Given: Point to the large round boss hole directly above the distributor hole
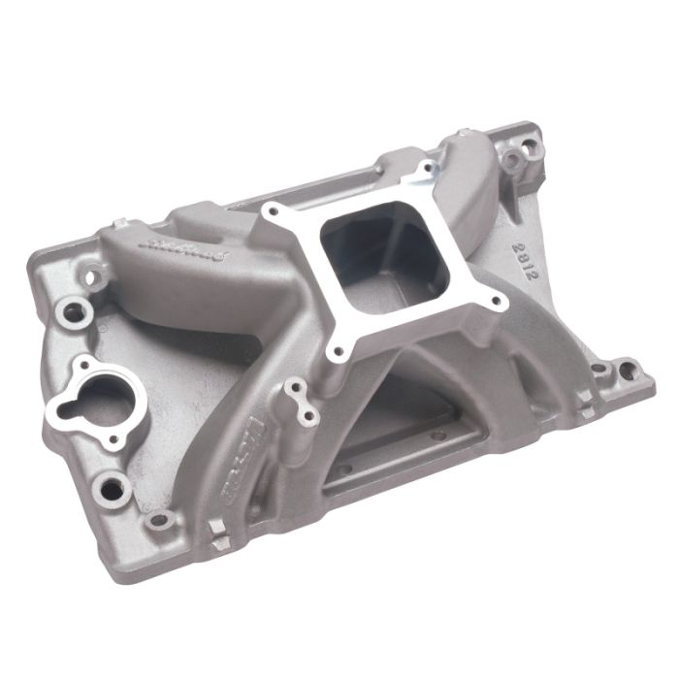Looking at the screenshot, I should point(74,311).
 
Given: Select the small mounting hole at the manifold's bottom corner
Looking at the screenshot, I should point(159,524).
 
